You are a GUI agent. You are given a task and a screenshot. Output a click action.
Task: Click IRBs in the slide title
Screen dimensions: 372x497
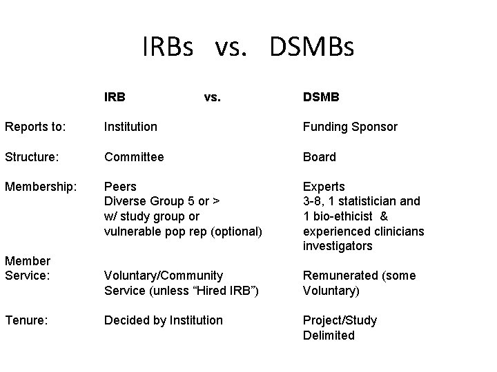170,47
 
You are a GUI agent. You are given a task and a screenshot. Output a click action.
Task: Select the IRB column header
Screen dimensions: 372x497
115,97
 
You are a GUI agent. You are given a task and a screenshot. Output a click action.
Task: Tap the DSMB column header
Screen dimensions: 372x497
321,97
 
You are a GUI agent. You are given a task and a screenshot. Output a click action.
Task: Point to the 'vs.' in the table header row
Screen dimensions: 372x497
213,97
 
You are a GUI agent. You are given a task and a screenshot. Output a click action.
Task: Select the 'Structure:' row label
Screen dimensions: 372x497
32,156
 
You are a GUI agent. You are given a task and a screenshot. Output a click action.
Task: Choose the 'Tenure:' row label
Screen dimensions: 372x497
25,320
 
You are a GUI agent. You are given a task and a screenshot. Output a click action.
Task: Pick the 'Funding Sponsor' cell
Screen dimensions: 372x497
350,127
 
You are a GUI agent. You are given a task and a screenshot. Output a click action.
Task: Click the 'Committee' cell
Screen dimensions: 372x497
134,156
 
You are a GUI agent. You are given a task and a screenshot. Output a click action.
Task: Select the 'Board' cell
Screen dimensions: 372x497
320,156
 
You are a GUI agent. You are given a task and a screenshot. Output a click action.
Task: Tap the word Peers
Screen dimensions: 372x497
120,186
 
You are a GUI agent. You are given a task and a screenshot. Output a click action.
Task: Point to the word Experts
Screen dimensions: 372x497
324,186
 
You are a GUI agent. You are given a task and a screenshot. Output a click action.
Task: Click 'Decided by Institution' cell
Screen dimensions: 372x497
164,320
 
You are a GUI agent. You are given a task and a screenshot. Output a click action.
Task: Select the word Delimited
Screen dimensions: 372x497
329,335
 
